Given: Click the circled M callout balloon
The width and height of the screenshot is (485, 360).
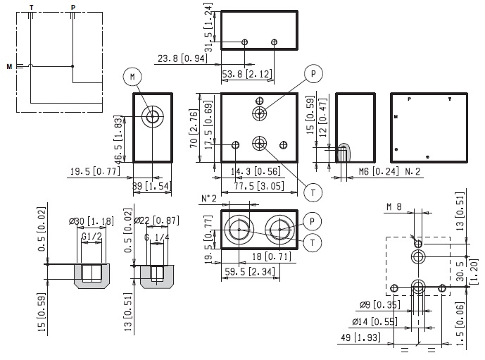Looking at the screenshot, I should coord(132,75).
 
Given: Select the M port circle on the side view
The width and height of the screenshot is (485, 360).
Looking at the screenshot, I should coord(151,117).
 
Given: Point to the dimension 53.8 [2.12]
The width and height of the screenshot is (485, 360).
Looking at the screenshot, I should coord(247,74).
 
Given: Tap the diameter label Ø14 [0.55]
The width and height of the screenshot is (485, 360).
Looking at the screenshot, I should coord(375,321).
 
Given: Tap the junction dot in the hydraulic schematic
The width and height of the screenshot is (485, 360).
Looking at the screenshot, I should coord(73,66).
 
